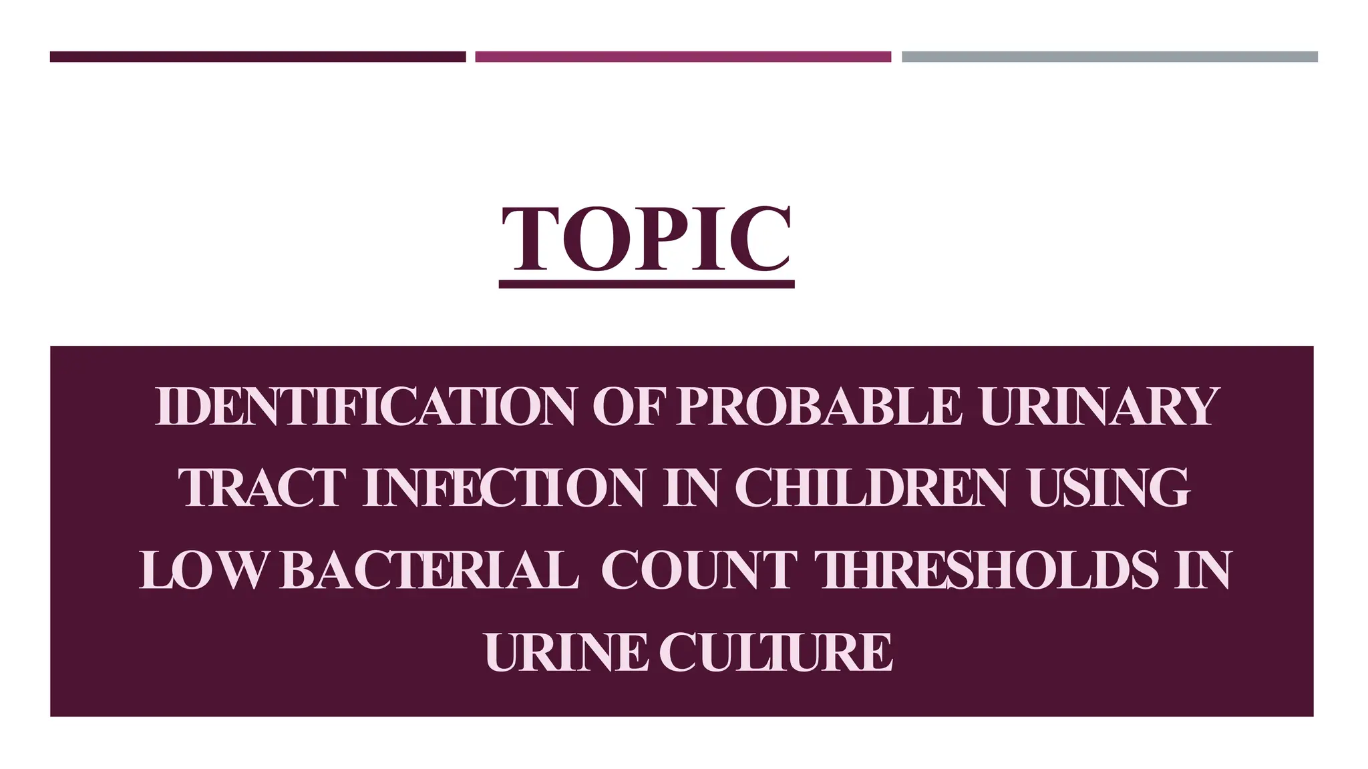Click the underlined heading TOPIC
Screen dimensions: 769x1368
point(647,238)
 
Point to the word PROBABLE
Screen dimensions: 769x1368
point(819,407)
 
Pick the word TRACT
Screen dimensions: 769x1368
point(263,488)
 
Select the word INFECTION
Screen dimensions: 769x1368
point(504,488)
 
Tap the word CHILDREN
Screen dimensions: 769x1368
point(871,488)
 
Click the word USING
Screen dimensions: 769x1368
point(1109,488)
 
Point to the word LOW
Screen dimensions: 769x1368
point(200,570)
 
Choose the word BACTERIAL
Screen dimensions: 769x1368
point(428,570)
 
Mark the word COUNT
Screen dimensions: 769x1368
point(699,570)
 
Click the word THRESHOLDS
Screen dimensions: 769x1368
point(989,570)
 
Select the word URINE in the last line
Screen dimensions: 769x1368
point(566,652)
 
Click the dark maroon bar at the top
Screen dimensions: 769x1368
point(258,57)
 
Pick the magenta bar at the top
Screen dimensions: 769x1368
point(683,57)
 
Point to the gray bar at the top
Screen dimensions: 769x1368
point(1109,57)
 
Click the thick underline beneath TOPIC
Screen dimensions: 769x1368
point(647,284)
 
